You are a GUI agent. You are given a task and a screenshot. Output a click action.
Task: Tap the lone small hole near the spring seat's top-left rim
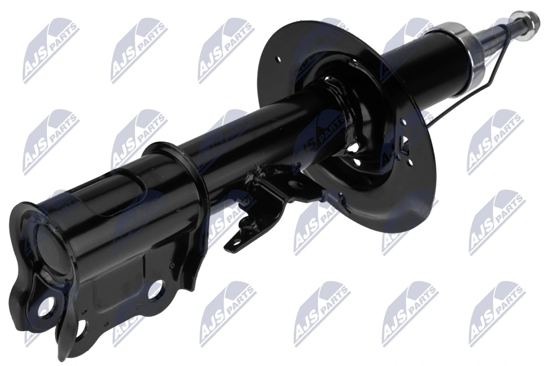point(278,59)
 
